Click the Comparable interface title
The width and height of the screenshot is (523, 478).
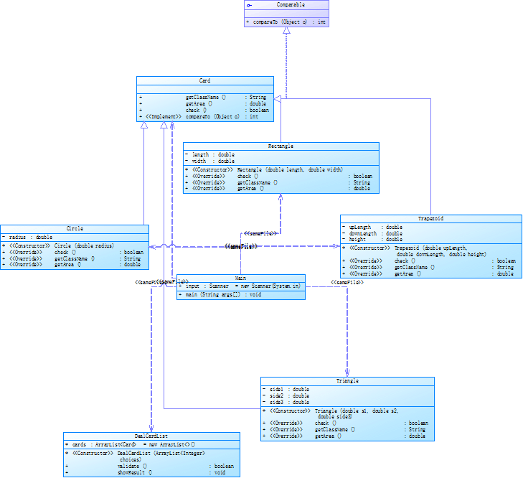286,4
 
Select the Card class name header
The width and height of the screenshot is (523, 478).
204,80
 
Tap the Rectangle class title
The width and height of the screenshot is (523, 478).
281,146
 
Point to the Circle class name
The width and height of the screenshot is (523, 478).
75,229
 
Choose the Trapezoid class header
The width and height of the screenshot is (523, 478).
430,218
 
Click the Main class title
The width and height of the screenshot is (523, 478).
240,278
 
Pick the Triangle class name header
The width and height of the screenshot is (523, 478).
347,381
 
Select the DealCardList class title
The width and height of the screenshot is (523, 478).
151,436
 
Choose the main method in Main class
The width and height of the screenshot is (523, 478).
211,294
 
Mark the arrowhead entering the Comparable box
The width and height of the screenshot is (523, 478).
286,32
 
